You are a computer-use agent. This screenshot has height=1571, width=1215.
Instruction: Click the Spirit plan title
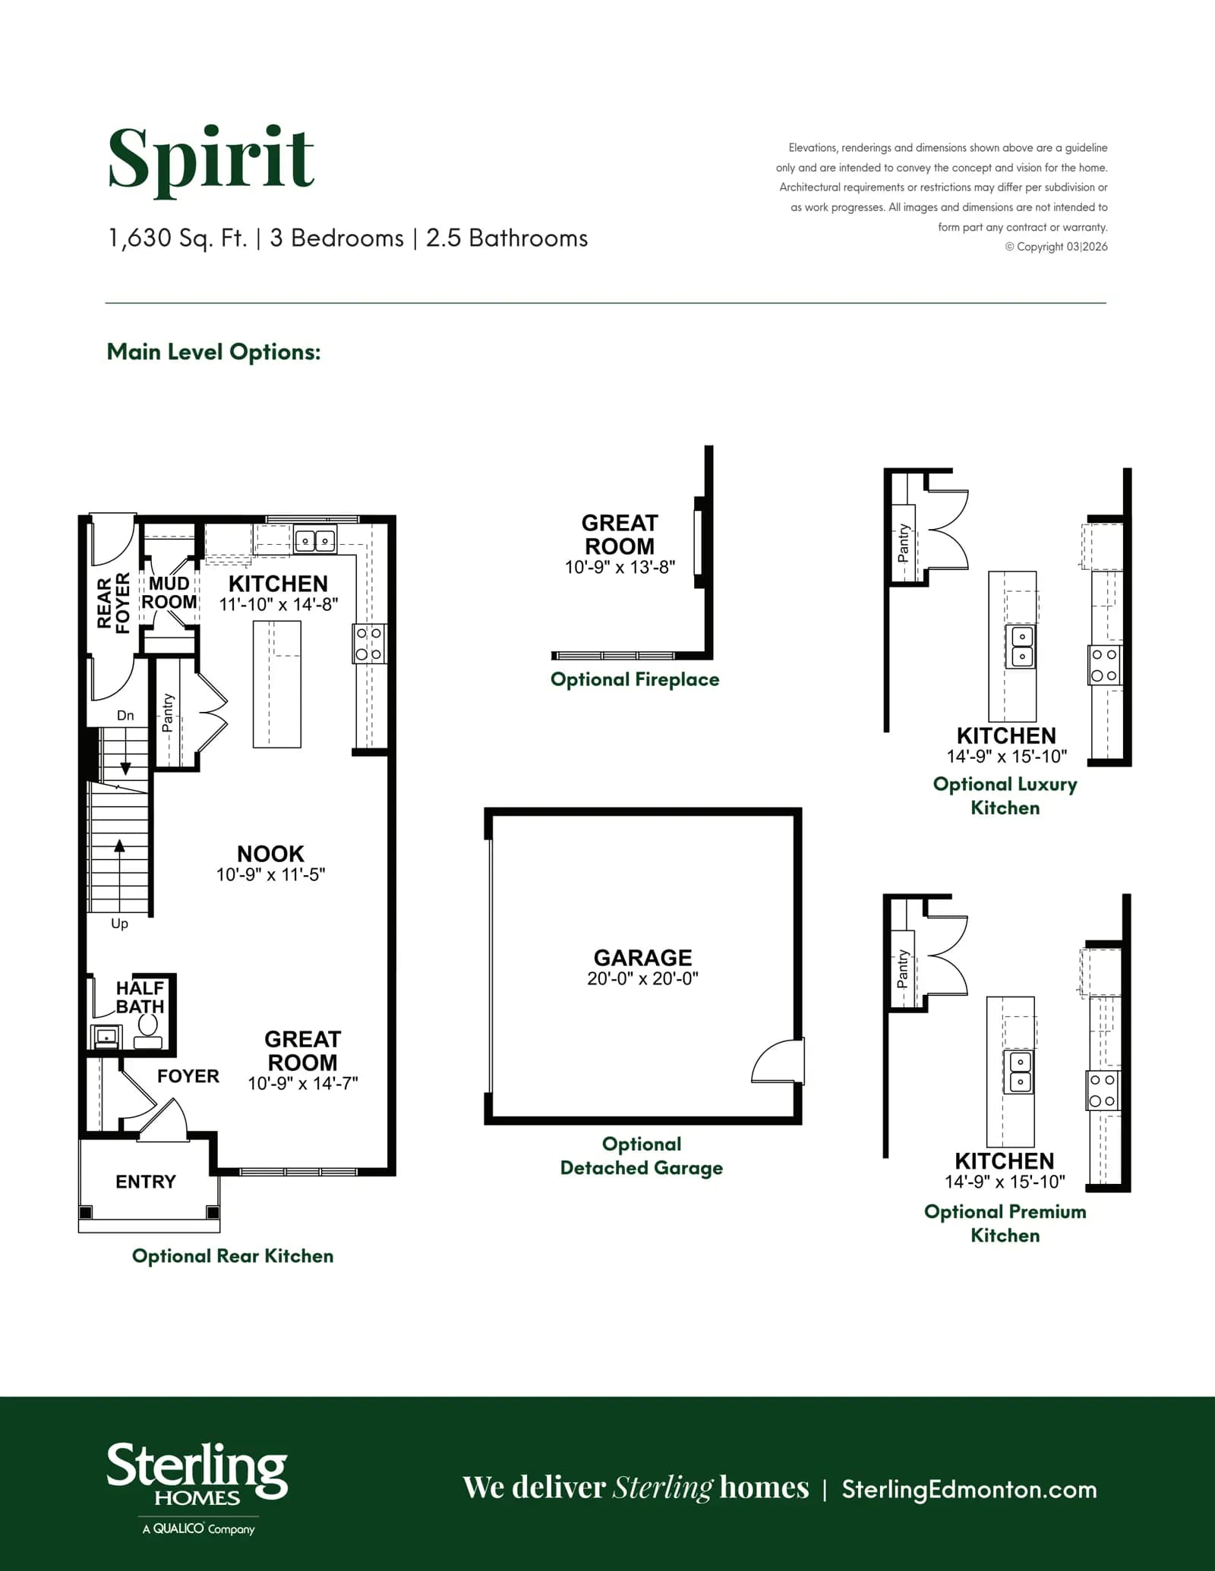(210, 160)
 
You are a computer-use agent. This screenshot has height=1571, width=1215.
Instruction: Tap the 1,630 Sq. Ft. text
(178, 238)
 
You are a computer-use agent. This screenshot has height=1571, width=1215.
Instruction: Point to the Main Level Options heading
(213, 352)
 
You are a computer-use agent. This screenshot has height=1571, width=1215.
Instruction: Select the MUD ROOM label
(169, 593)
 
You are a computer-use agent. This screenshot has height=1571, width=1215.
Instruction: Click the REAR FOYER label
(114, 603)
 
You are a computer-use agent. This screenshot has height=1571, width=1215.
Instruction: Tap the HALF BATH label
(140, 997)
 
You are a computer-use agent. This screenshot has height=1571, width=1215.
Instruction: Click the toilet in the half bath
(148, 1031)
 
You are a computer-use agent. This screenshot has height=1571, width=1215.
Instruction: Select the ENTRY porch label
(146, 1182)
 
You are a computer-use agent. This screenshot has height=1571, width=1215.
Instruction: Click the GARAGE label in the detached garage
(642, 958)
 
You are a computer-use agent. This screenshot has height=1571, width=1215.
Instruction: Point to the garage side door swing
(776, 1061)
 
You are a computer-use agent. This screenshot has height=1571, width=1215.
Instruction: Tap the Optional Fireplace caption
(635, 679)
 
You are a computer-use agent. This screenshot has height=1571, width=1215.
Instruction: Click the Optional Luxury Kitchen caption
(1005, 795)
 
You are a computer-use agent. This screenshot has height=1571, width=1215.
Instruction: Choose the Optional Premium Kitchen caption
(1005, 1223)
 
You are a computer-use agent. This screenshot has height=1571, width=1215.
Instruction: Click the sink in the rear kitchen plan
(315, 540)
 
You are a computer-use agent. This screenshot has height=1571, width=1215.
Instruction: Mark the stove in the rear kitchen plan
(369, 644)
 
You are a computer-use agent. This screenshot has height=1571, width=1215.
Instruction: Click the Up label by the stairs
(119, 924)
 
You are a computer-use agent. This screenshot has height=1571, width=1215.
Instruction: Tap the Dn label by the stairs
(125, 715)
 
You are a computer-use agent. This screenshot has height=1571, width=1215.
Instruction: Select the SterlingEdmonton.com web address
(970, 1489)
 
